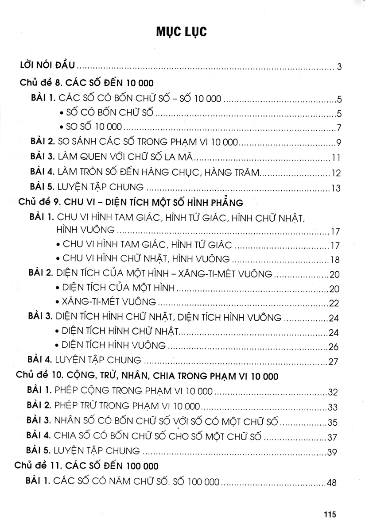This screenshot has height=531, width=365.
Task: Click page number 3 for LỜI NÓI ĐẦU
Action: (x=339, y=67)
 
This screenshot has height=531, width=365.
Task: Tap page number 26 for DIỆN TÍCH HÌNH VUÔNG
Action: (x=334, y=346)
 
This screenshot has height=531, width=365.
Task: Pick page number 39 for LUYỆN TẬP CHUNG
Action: (x=333, y=452)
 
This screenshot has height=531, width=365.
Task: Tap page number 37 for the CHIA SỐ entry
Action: (x=333, y=437)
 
